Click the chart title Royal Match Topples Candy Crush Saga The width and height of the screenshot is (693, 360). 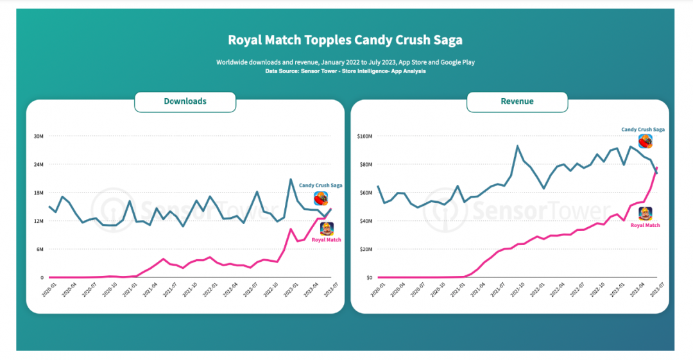coord(345,40)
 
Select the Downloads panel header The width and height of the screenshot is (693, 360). coord(185,101)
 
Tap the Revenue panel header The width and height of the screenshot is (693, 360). coord(517,101)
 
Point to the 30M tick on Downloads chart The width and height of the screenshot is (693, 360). coord(38,136)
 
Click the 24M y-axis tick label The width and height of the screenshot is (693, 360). coord(38,164)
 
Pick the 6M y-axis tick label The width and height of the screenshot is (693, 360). coord(38,249)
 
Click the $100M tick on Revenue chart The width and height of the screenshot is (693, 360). coord(364,136)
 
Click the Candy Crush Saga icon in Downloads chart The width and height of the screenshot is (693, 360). coord(321,198)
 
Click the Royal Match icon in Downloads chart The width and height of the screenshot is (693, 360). coord(327,229)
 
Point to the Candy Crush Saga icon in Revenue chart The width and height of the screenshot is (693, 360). coord(646,142)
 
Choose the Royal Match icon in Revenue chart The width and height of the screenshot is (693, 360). coord(645,214)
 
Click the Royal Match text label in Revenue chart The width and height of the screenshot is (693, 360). coord(645,225)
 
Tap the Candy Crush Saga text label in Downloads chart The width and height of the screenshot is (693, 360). coord(320,185)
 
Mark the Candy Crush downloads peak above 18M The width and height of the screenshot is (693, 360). coord(290,179)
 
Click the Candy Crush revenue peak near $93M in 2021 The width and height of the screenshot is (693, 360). coord(517,146)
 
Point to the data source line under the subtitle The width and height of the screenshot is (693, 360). coord(345,71)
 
